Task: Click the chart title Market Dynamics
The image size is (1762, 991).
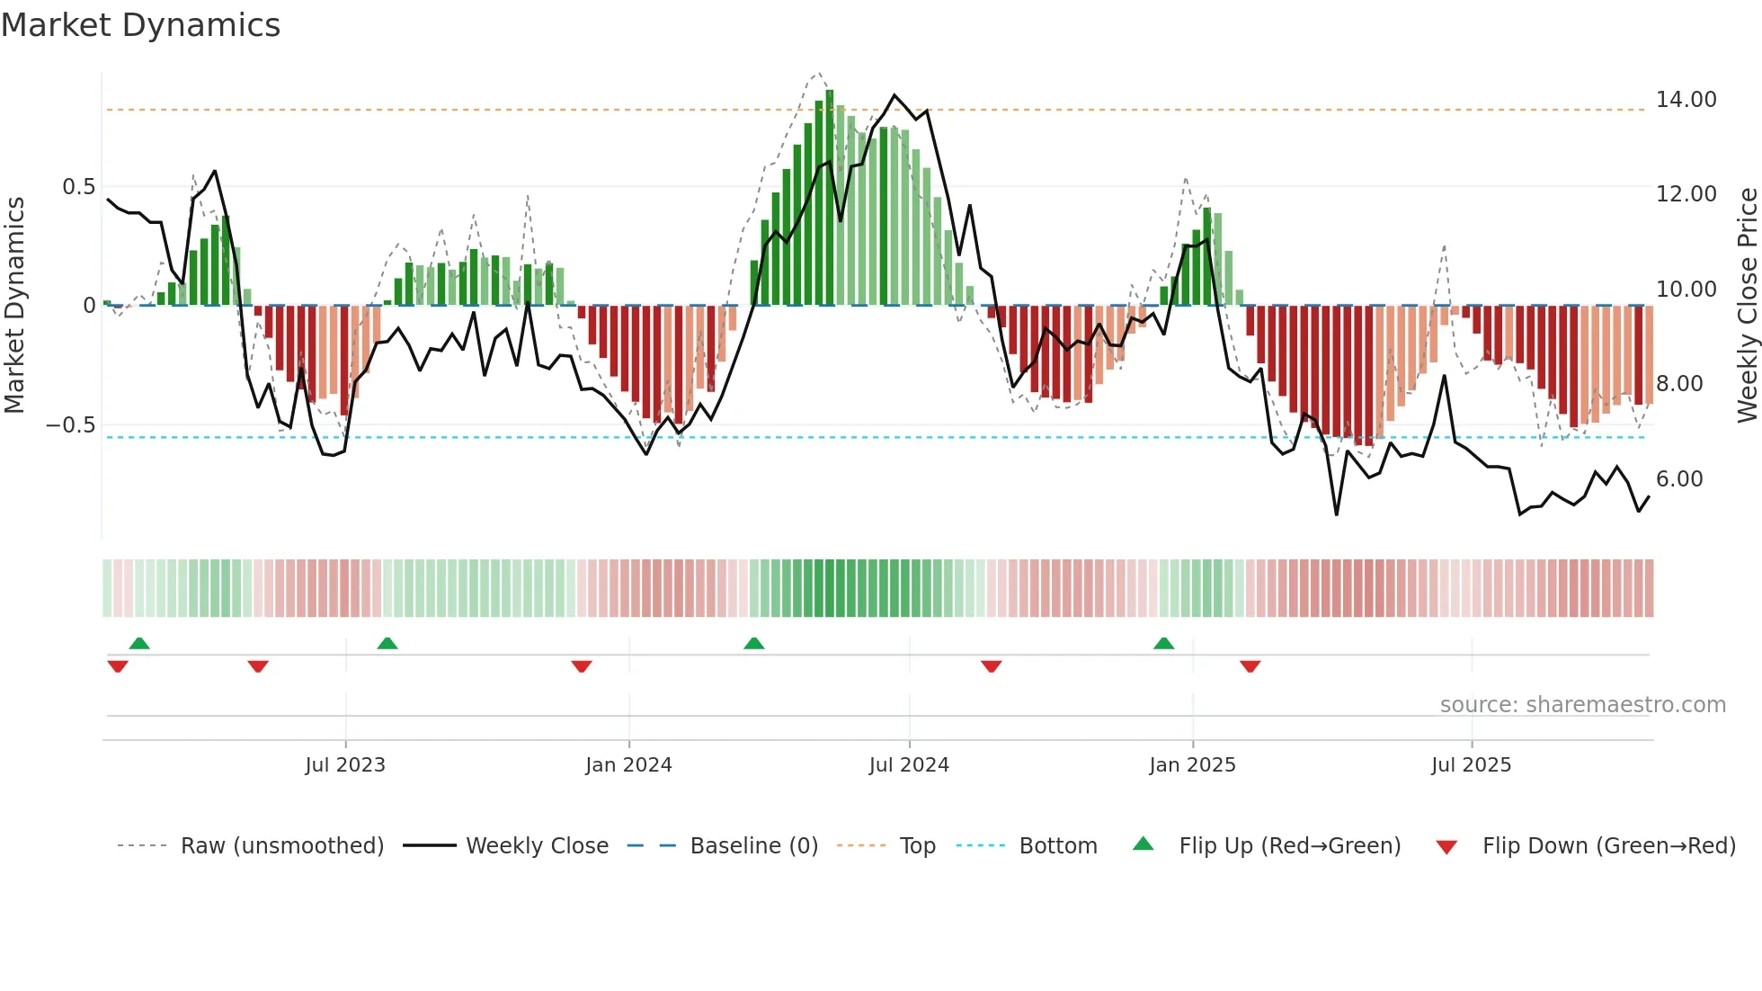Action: [x=140, y=25]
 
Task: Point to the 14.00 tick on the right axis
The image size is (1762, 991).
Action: [x=1686, y=100]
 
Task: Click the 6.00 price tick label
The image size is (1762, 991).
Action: [x=1679, y=479]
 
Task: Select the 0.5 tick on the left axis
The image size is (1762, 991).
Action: [x=78, y=187]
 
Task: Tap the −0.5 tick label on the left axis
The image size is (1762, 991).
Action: [x=70, y=425]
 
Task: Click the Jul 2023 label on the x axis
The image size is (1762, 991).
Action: [x=344, y=765]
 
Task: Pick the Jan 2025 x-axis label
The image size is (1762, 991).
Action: [x=1192, y=765]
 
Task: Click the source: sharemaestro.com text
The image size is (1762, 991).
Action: [x=1582, y=705]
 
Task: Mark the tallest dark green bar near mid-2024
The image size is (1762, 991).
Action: [x=830, y=198]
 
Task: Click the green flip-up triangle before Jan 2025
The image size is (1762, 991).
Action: [x=1163, y=644]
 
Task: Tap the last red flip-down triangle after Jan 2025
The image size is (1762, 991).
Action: [x=1250, y=666]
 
